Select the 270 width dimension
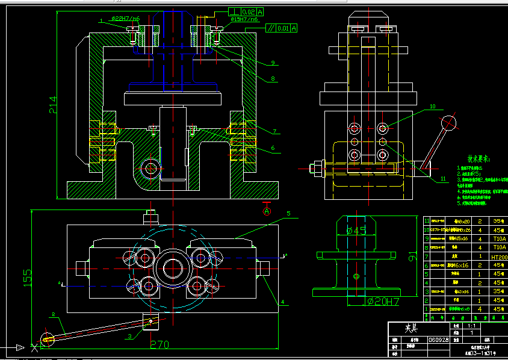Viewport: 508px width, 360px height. point(159,344)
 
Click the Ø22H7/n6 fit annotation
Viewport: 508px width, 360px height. point(126,19)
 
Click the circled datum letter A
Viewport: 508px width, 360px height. point(267,211)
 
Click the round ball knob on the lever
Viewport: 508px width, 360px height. point(448,123)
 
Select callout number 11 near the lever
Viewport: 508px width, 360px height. point(444,179)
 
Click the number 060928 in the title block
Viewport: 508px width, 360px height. point(438,340)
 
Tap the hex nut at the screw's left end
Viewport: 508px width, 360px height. point(314,168)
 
